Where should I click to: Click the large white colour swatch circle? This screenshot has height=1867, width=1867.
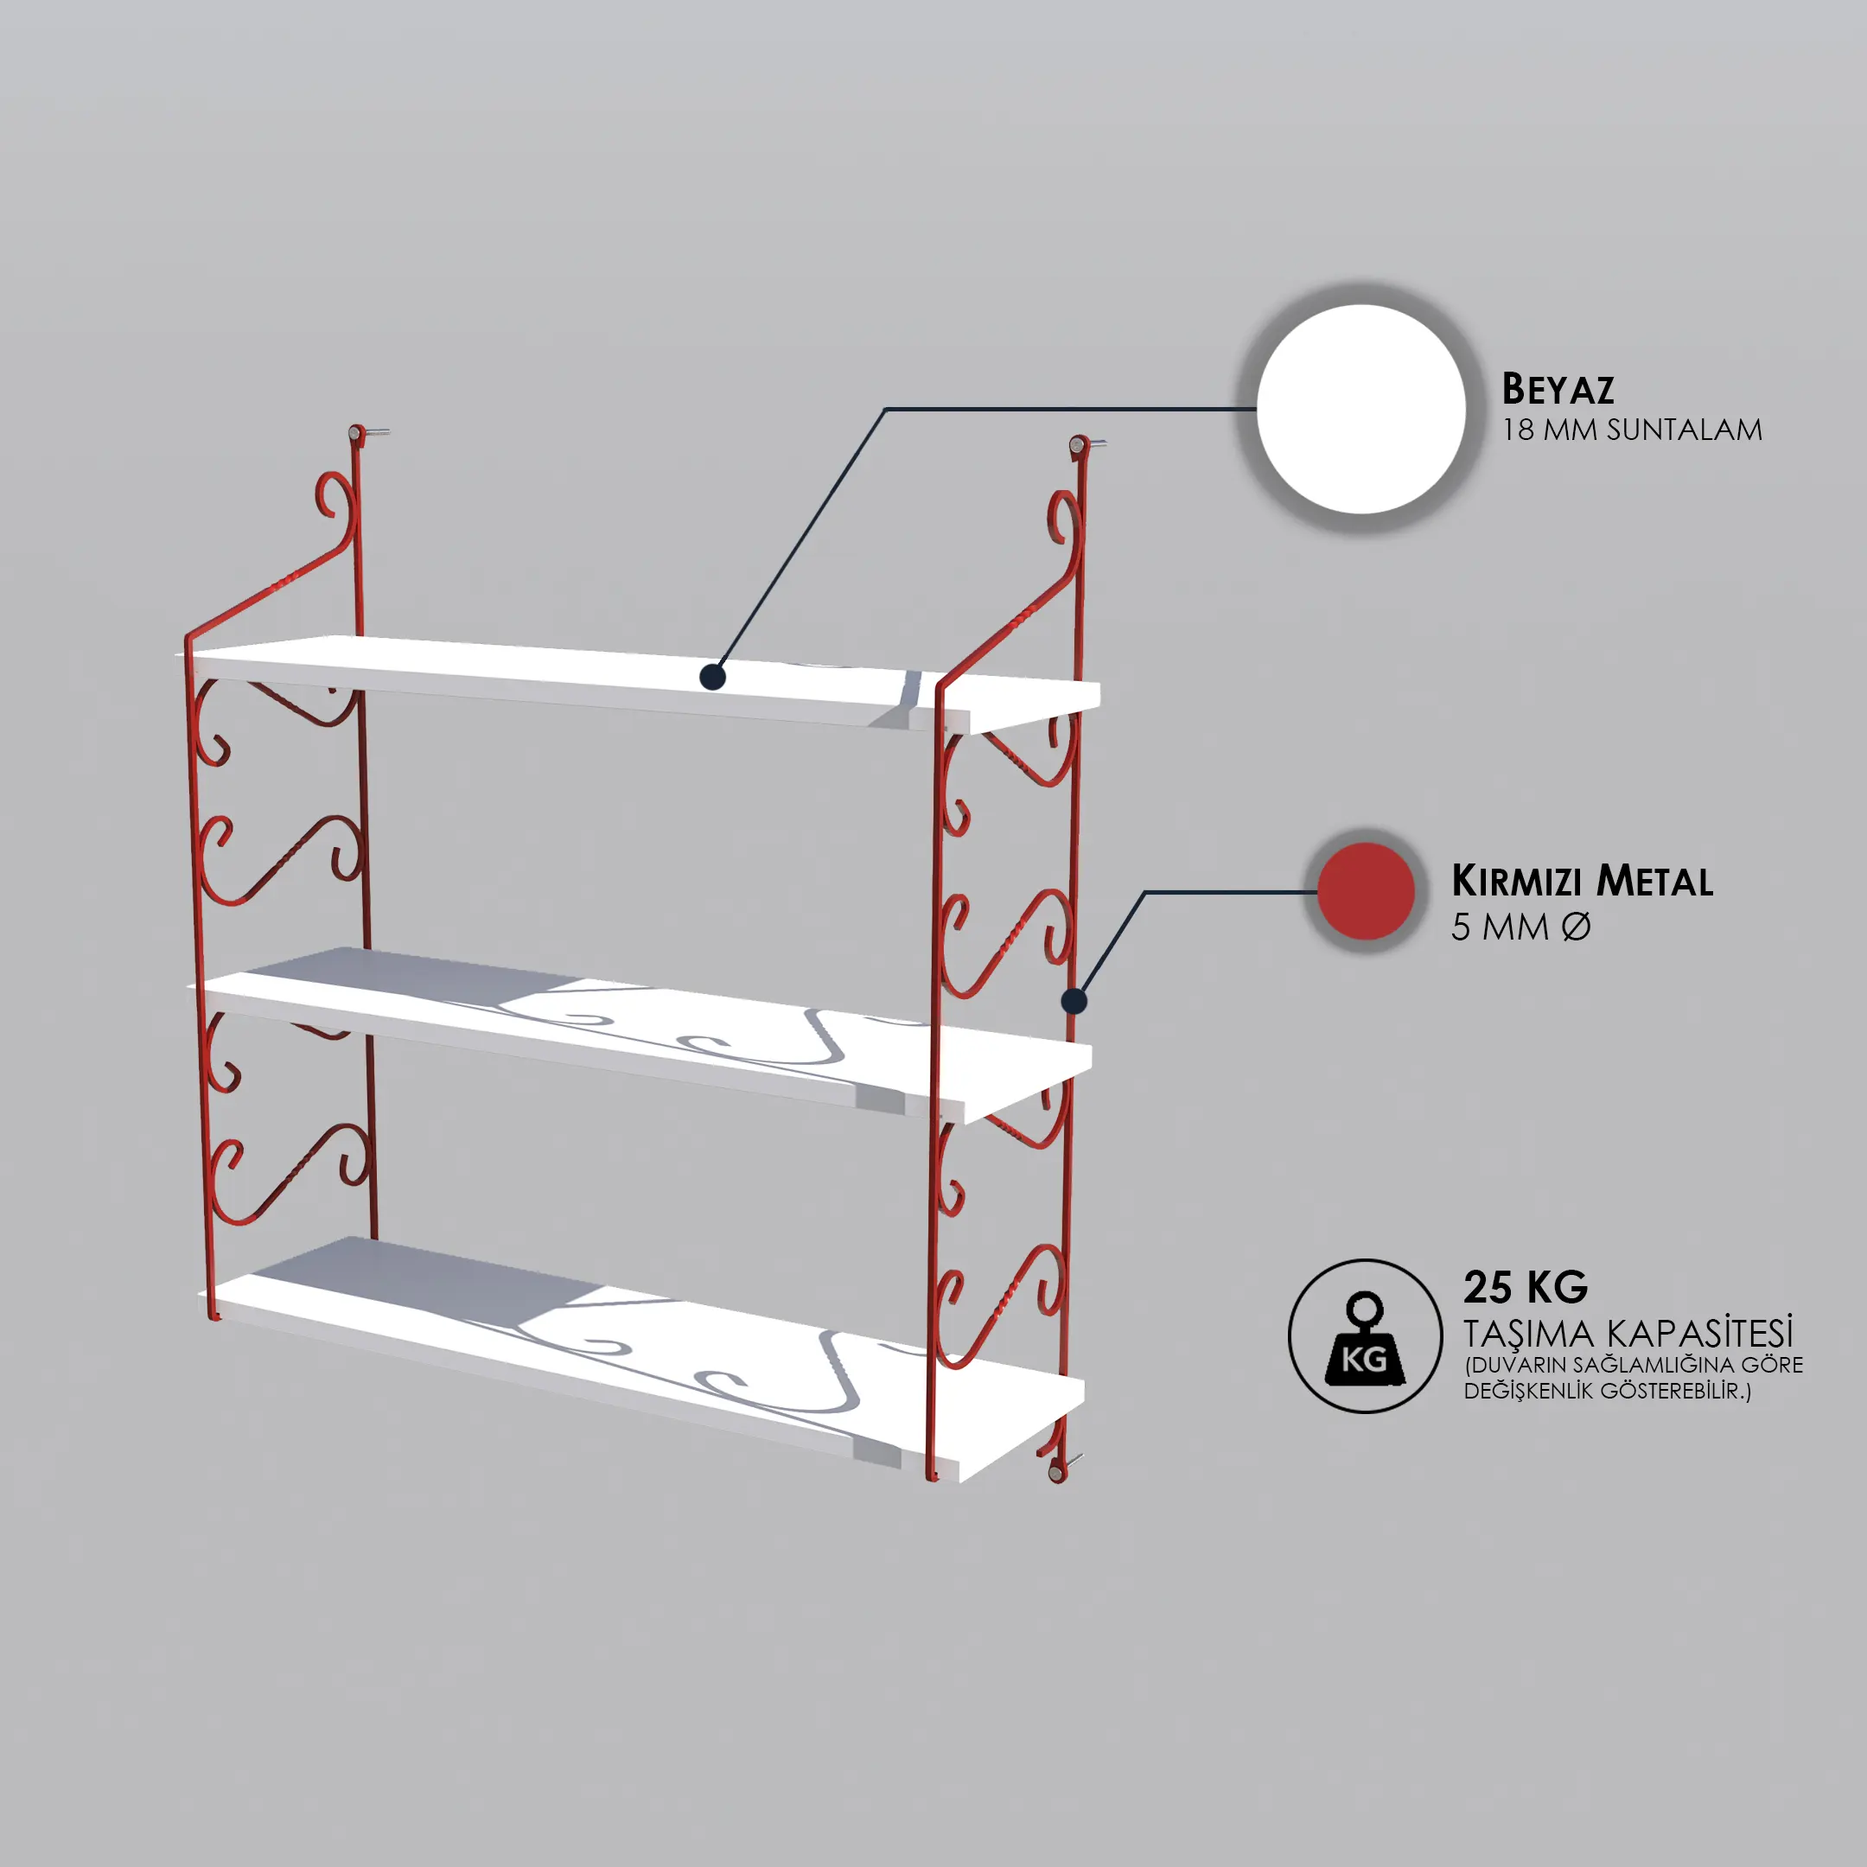[1361, 409]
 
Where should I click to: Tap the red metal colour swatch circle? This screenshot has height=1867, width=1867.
[1366, 891]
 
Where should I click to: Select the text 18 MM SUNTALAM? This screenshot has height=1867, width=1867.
[1632, 430]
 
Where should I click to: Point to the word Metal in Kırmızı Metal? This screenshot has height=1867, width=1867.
[1654, 882]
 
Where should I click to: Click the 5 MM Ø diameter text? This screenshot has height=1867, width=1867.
[1521, 927]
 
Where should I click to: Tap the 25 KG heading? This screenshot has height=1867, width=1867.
[1526, 1288]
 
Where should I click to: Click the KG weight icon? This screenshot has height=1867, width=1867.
[1365, 1336]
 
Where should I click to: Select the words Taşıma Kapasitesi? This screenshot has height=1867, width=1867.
[1628, 1334]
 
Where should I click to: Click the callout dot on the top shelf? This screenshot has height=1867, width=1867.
[712, 677]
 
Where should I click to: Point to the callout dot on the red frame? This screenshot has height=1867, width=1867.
[1074, 1001]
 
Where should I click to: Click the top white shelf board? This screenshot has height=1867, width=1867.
[638, 681]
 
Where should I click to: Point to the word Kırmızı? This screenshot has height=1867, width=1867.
[1520, 882]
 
